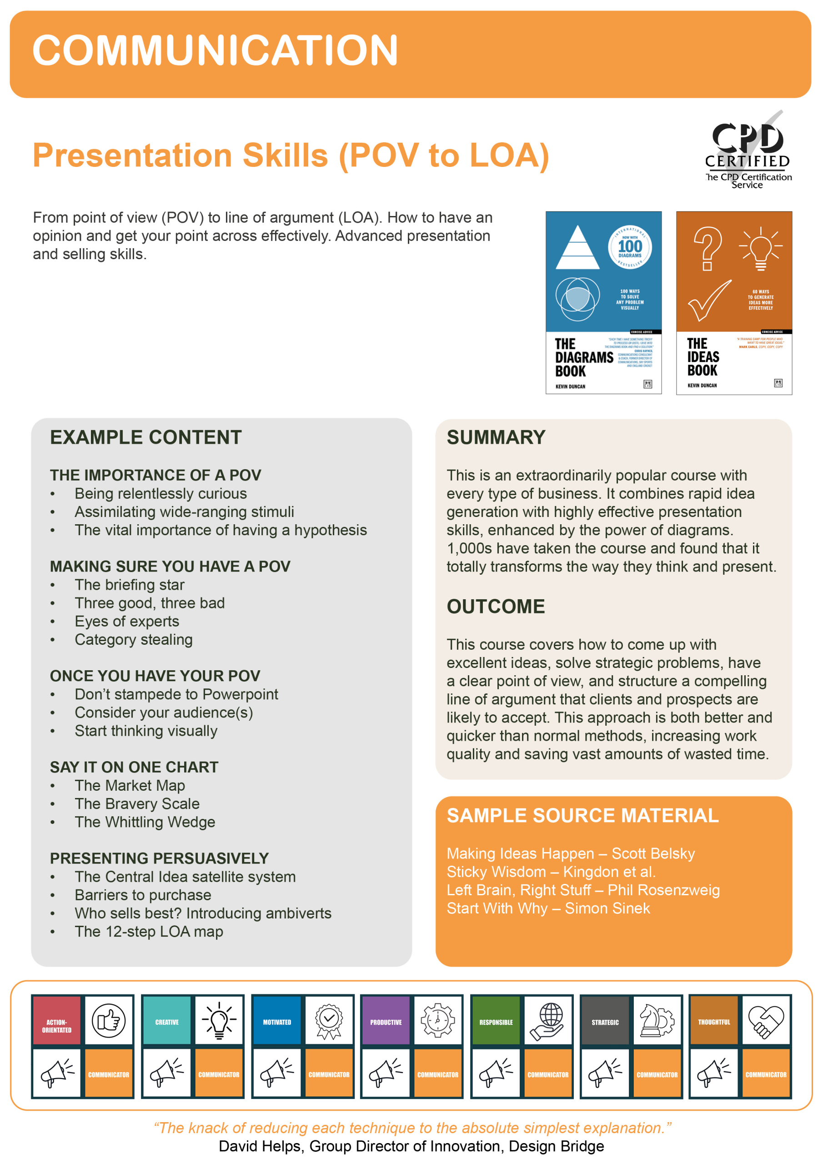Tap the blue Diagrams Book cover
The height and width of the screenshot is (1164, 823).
point(603,303)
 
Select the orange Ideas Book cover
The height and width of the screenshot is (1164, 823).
point(734,303)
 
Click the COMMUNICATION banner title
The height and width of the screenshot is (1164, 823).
point(215,50)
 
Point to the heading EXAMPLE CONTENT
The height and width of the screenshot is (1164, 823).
point(146,437)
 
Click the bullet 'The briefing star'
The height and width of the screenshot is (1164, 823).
point(129,585)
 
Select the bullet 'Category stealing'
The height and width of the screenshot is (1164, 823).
point(133,639)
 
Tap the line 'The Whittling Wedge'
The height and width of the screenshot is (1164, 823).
point(145,822)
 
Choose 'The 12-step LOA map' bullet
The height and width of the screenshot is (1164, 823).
point(149,931)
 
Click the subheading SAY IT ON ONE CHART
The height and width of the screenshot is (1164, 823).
point(134,767)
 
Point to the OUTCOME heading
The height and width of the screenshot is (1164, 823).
point(496,607)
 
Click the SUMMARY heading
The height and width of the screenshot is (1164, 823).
point(496,437)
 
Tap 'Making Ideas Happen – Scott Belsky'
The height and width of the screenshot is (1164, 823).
point(571,853)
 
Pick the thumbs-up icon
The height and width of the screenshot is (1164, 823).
point(109,1020)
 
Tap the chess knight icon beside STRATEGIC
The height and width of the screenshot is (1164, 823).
point(657,1020)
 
